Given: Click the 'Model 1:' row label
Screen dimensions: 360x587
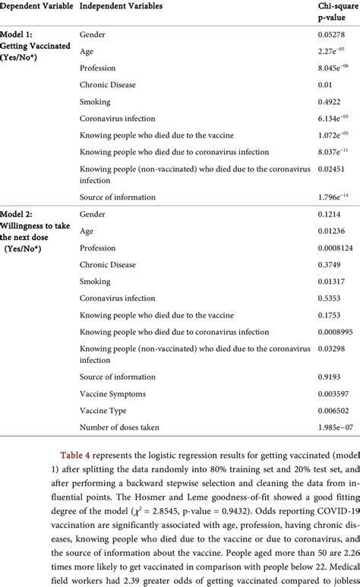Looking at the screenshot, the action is pos(22,34).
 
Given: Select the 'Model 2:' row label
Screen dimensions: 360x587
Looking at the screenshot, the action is pos(22,214).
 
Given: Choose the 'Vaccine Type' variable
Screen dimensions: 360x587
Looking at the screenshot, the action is pos(106,410).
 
